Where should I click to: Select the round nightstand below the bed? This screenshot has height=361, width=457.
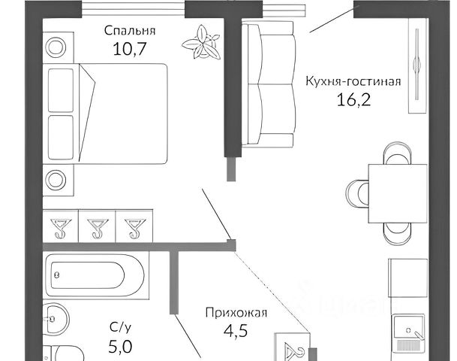[x=57, y=180]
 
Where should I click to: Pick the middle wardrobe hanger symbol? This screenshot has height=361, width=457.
[x=95, y=226]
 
